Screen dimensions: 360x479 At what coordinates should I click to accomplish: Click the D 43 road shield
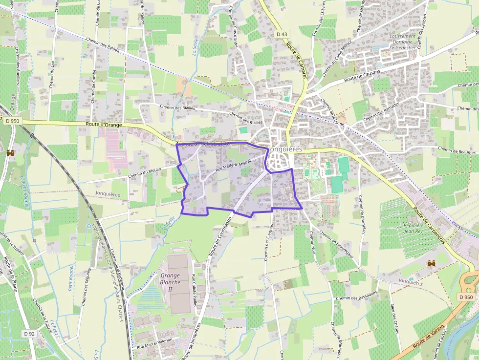coord(281,34)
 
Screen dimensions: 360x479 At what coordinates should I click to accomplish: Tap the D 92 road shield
coord(28,334)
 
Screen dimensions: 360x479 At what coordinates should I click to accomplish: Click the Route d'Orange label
coord(104,125)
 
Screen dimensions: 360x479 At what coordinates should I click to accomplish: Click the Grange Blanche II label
coord(171,282)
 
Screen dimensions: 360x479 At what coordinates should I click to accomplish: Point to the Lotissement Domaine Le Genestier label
coord(403,42)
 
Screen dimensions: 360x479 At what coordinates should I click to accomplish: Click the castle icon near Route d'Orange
coord(9,153)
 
